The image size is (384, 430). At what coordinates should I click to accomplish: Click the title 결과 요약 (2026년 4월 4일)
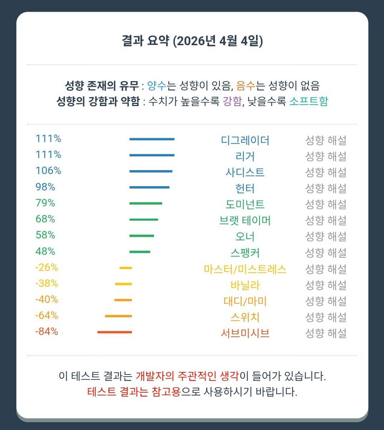192,41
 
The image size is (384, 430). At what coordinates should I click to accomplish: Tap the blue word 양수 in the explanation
157,86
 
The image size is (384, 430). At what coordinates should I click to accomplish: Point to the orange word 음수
246,86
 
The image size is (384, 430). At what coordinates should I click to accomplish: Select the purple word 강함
232,101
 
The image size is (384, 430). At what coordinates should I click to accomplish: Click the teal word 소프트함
308,101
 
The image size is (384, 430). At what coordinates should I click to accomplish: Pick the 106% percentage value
48,171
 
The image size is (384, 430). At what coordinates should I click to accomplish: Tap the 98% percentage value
45,187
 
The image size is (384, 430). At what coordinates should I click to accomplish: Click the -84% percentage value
47,331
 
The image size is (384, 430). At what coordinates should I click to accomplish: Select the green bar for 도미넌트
146,203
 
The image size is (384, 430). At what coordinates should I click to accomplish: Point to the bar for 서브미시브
115,332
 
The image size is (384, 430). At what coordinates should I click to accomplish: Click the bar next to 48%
140,252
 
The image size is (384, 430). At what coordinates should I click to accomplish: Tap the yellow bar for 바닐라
123,284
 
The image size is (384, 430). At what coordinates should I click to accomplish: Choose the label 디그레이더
245,140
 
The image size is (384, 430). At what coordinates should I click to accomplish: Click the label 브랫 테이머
245,220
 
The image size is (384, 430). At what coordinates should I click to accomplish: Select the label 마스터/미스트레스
245,269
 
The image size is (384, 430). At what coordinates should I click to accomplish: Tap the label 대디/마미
245,301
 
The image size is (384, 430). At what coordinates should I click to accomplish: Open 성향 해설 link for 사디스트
326,172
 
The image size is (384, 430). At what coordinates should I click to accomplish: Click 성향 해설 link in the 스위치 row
326,317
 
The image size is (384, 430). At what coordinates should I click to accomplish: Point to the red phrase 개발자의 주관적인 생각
187,376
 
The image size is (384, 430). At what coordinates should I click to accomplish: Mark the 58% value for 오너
45,235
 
